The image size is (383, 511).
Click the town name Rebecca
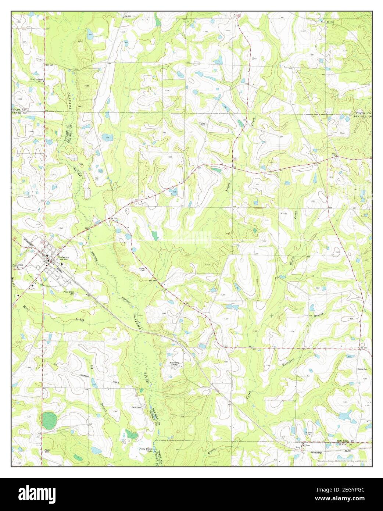pyautogui.click(x=63, y=257)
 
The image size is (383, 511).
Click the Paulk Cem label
pyautogui.click(x=137, y=407)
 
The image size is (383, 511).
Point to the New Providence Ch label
pyautogui.click(x=37, y=80)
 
